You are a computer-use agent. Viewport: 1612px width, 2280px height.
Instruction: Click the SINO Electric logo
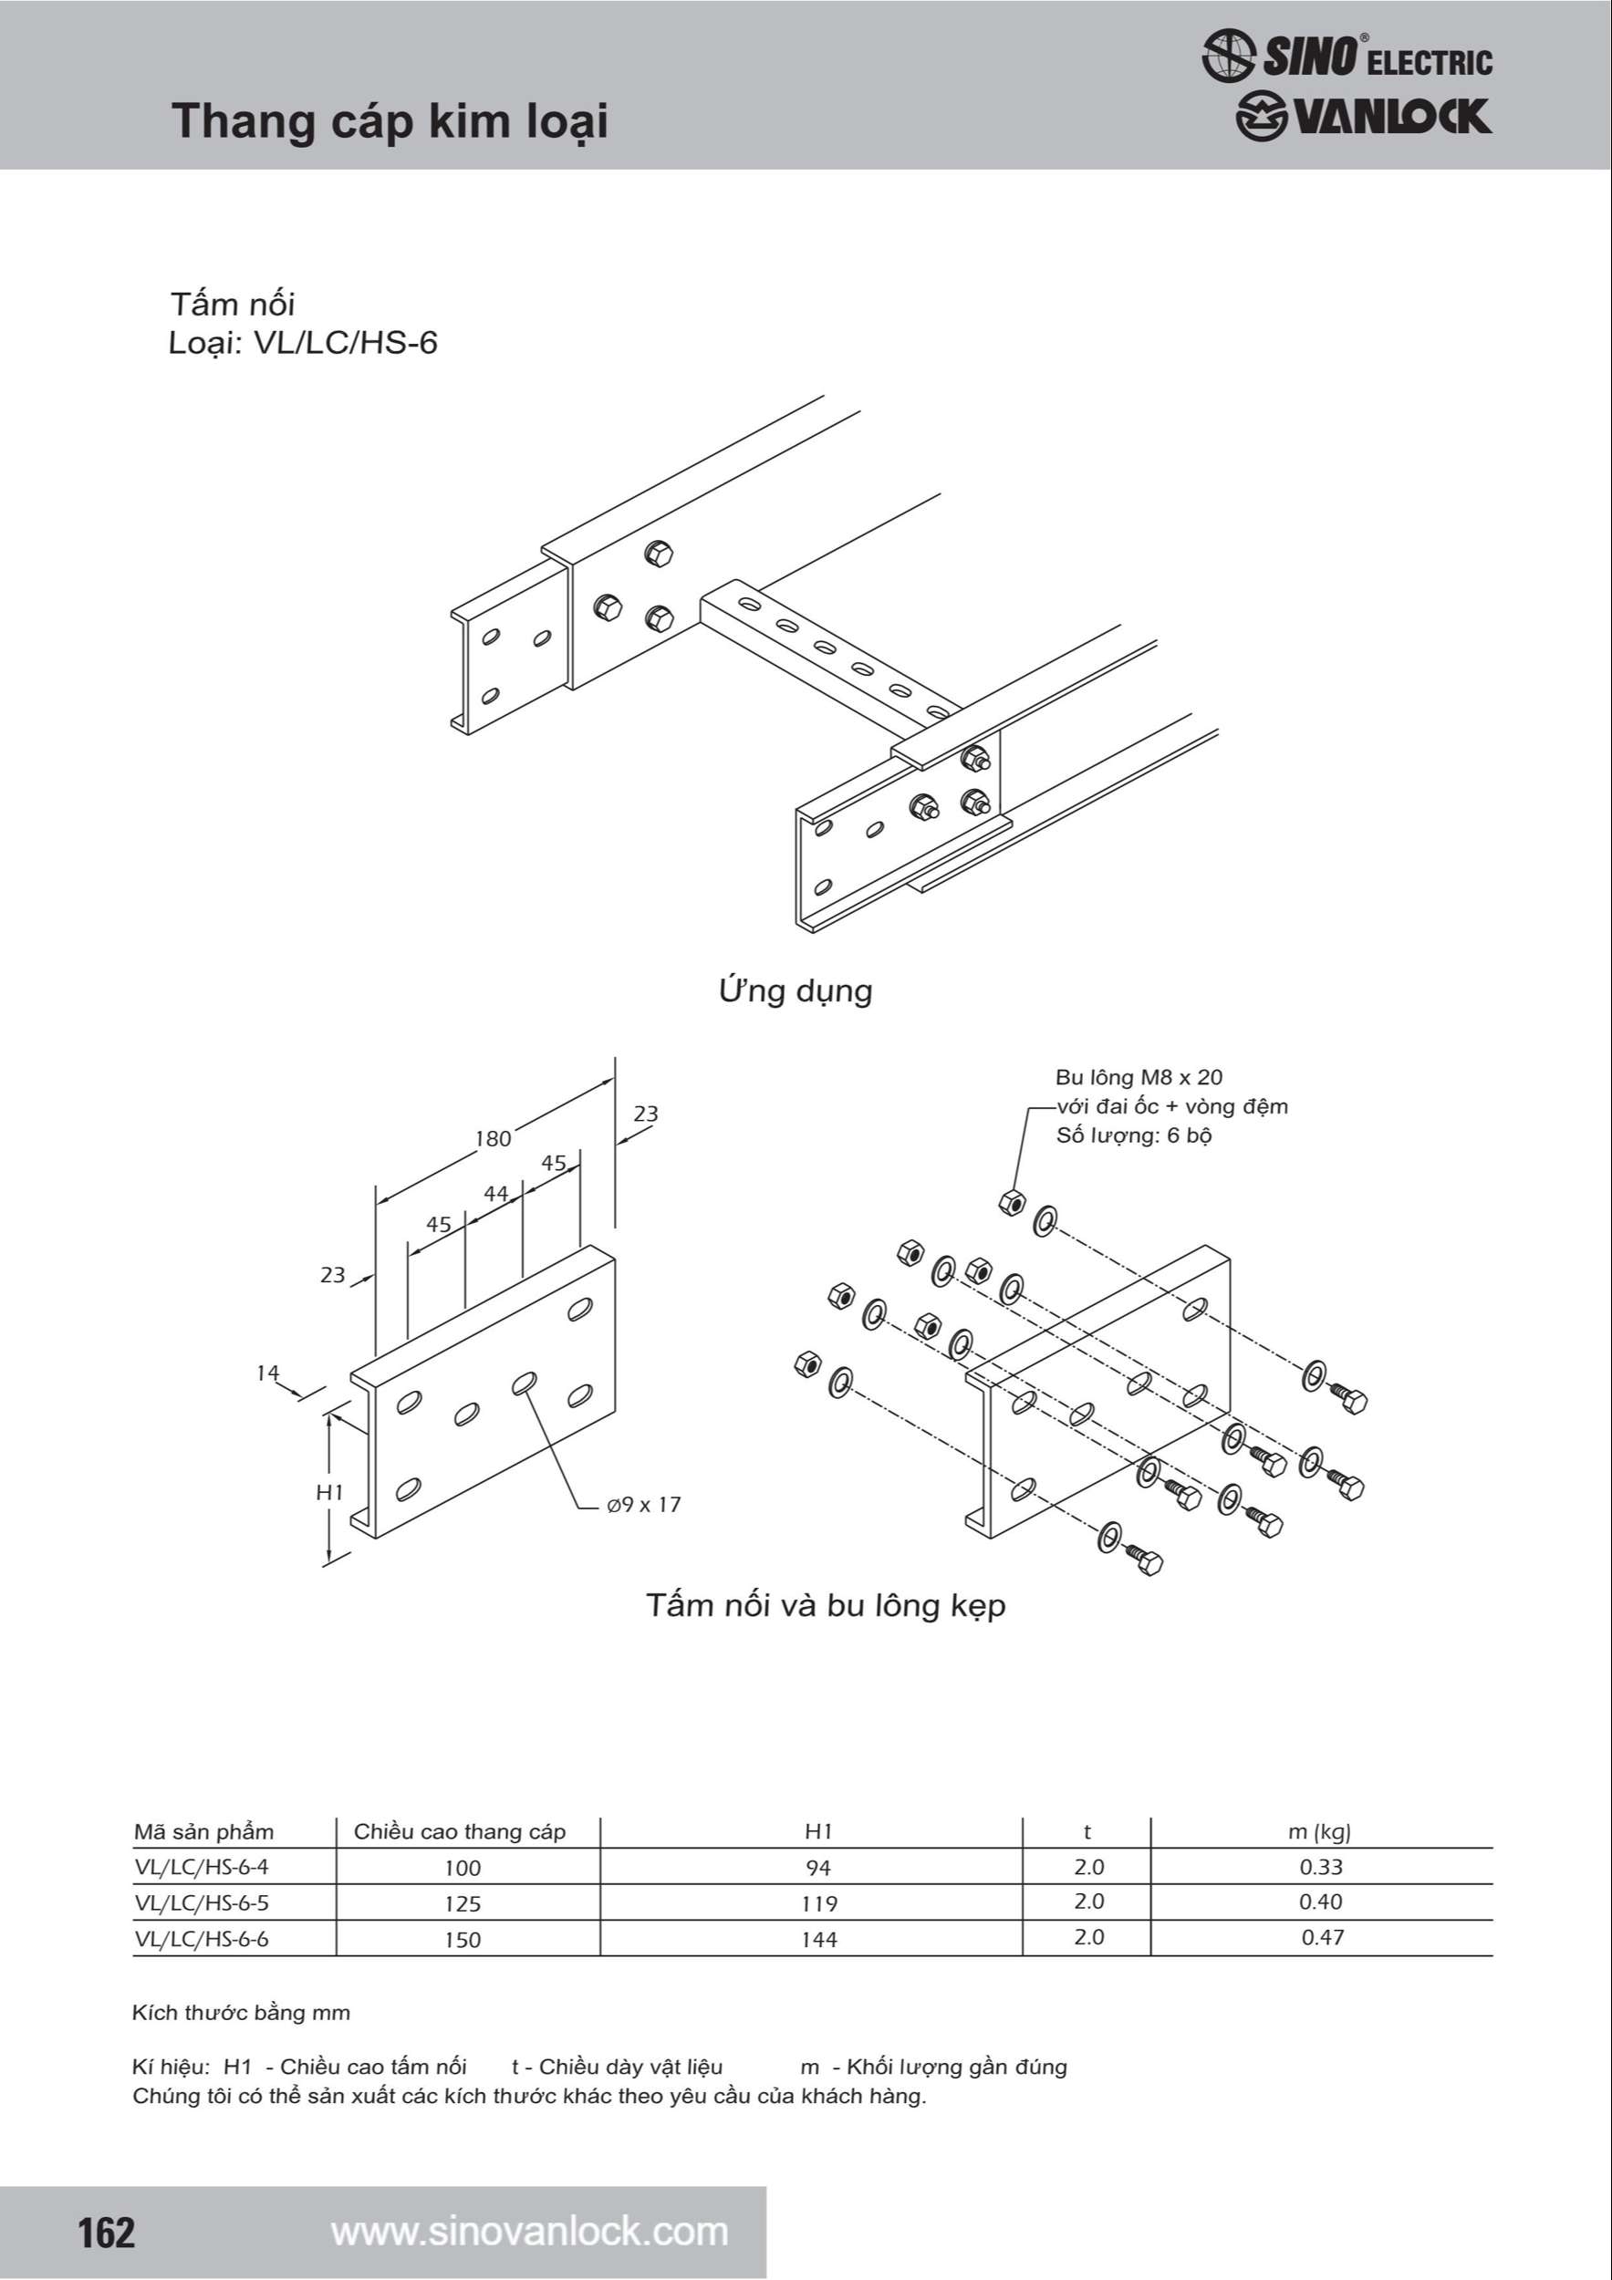1347,56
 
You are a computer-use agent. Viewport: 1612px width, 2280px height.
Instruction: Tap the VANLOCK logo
1363,117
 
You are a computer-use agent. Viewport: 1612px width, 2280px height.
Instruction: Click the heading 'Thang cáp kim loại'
390,121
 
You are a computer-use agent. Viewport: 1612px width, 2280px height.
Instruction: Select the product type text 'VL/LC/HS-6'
346,343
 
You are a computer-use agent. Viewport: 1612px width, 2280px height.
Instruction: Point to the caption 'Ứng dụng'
796,990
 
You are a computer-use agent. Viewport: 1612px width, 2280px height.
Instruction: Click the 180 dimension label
493,1138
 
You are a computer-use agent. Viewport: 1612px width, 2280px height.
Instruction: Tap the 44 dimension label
495,1194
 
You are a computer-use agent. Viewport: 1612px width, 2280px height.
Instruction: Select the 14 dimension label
268,1373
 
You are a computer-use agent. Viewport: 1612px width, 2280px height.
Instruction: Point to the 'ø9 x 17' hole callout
643,1505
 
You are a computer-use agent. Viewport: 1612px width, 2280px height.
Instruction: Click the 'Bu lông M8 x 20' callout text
1139,1077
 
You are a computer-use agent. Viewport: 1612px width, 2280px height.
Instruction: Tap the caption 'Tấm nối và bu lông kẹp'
826,1606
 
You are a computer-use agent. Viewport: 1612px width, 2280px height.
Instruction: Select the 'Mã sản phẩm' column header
203,1832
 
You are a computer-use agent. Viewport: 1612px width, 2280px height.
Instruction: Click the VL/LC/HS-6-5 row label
202,1902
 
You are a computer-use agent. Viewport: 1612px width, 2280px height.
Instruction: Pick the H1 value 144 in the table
819,1940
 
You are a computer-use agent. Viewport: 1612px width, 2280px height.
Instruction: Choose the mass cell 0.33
1321,1867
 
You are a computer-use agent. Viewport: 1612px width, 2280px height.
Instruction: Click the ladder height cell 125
462,1903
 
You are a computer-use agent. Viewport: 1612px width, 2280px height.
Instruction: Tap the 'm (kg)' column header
1319,1832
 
